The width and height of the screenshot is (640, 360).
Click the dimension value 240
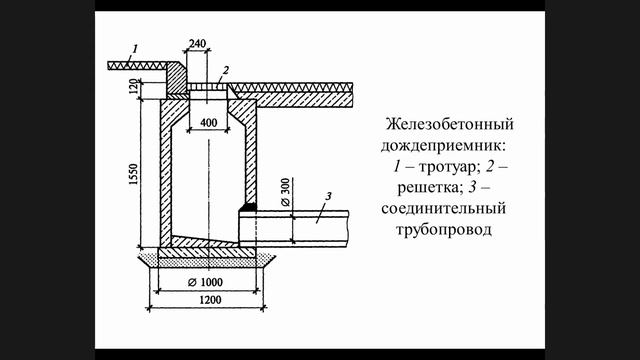click(196, 44)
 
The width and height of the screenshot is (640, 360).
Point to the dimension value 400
click(208, 122)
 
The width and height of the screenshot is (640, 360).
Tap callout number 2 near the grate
click(227, 71)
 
